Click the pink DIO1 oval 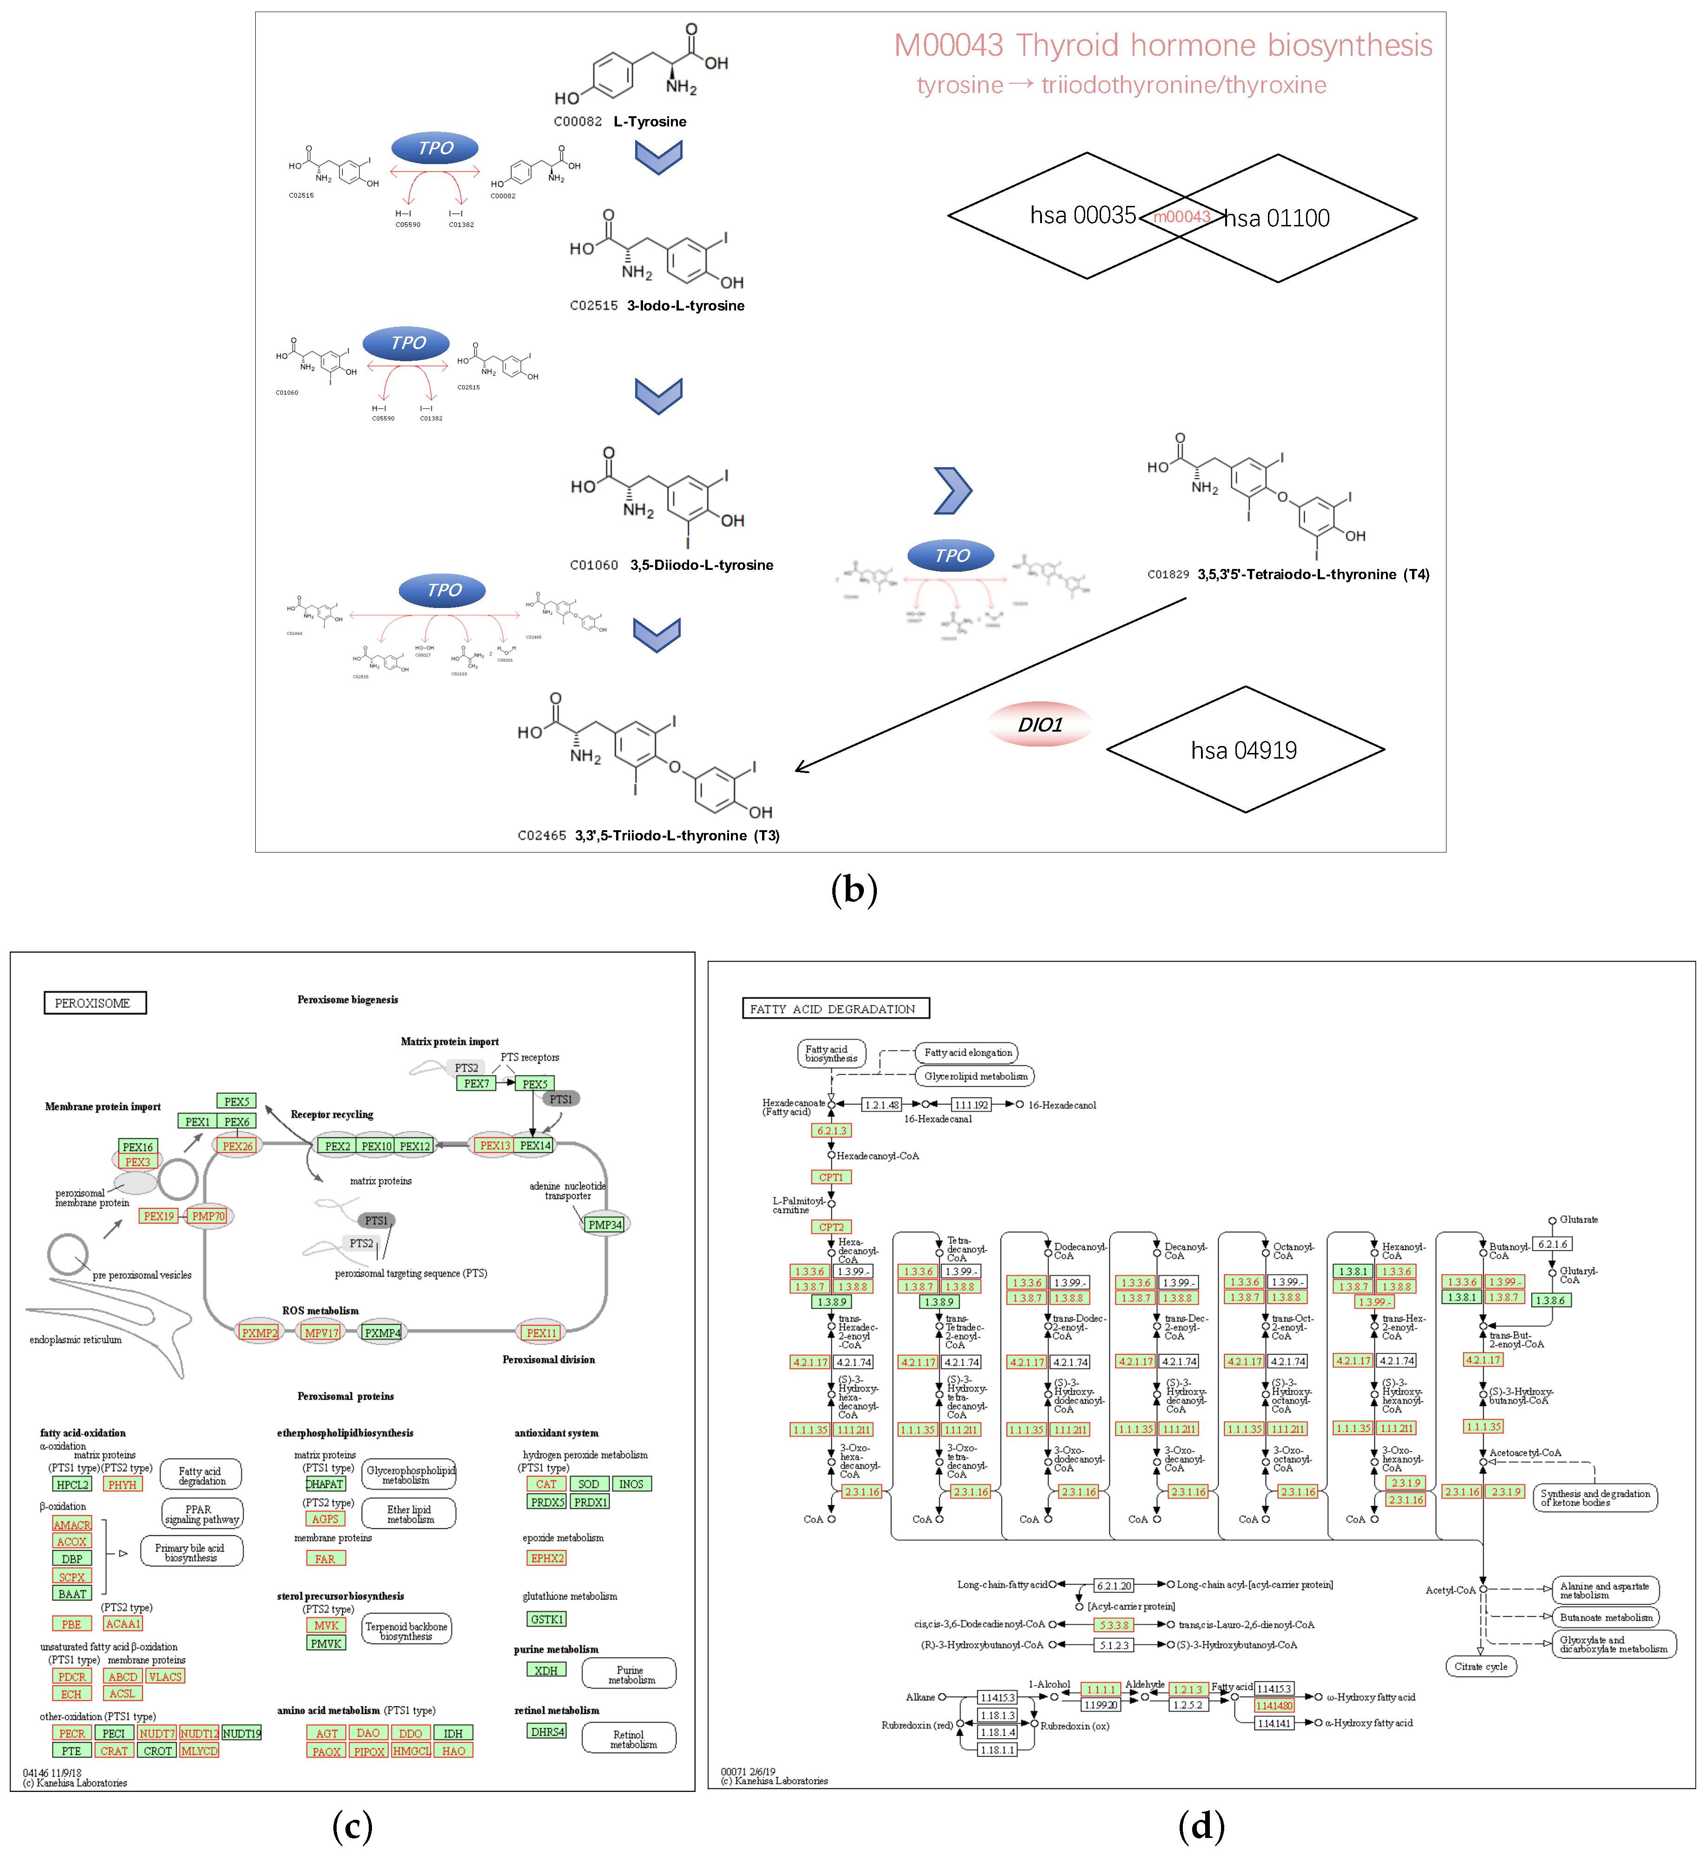pyautogui.click(x=1040, y=724)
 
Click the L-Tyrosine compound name pyautogui.click(x=650, y=122)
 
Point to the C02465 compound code pyautogui.click(x=542, y=836)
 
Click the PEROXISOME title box pyautogui.click(x=94, y=1003)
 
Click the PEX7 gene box pyautogui.click(x=476, y=1083)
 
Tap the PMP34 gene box pyautogui.click(x=605, y=1224)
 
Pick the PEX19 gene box pyautogui.click(x=159, y=1216)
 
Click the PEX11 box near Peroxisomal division pyautogui.click(x=542, y=1332)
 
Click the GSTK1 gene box pyautogui.click(x=546, y=1619)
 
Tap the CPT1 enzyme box pyautogui.click(x=830, y=1177)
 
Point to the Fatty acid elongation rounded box pyautogui.click(x=968, y=1052)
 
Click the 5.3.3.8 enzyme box pyautogui.click(x=1114, y=1625)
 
